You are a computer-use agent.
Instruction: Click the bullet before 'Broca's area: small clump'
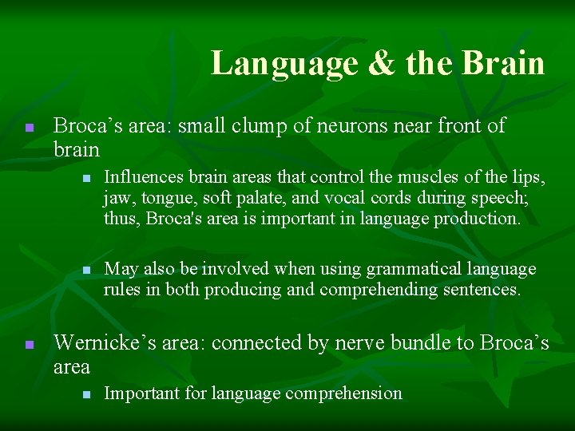pyautogui.click(x=28, y=128)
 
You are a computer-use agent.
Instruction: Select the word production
pyautogui.click(x=477, y=218)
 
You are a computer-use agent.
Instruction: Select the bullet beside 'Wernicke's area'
pyautogui.click(x=28, y=345)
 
